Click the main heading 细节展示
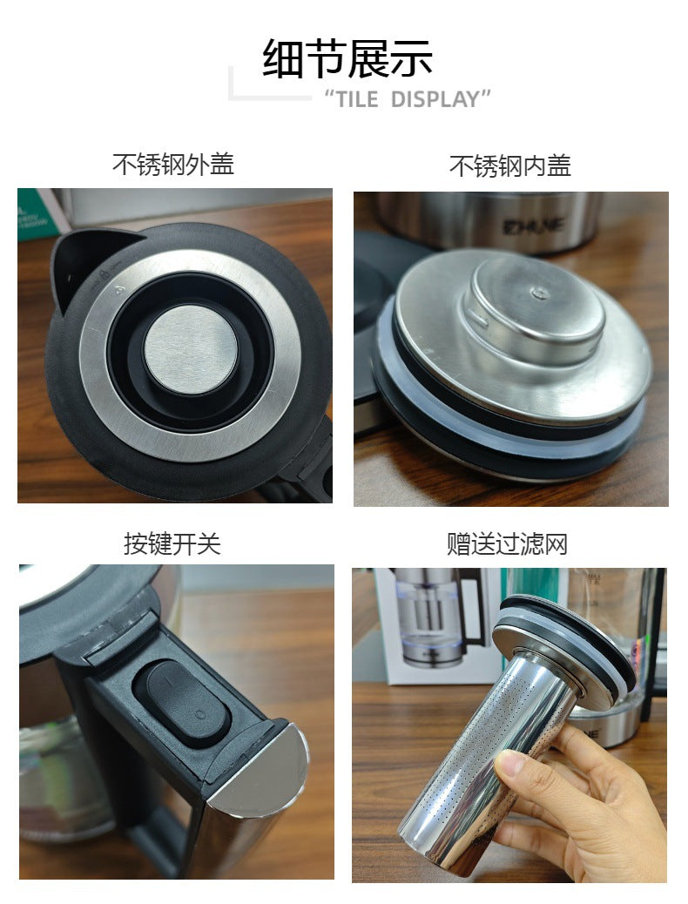coord(347,58)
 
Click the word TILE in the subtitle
coord(357,99)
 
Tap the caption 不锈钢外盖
coord(173,165)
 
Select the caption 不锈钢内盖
coord(509,166)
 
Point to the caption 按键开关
coord(172,543)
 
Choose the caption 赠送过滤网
coord(508,543)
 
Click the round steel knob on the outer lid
coord(191,350)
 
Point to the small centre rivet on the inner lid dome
coord(540,293)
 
